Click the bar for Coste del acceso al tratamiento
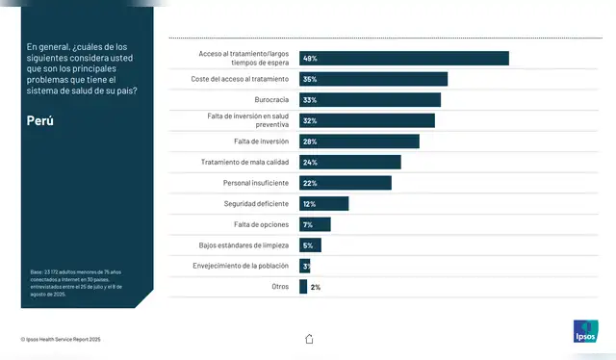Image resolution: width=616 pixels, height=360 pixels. coord(373,79)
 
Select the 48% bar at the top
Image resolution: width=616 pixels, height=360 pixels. coord(404,58)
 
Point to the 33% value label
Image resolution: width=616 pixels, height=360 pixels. coord(309,100)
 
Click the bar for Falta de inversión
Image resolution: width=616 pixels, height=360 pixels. coord(359,141)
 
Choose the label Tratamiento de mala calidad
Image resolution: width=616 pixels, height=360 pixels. coord(246,162)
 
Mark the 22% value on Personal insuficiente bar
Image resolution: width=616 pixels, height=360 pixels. coord(309,183)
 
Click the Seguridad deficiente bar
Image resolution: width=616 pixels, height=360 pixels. coord(324,203)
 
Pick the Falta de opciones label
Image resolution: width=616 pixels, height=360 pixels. coord(263,224)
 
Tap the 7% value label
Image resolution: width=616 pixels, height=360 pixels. coord(308,224)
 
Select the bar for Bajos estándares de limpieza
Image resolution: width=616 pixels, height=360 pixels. coord(310,244)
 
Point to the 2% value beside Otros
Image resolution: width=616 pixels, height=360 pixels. coord(316,287)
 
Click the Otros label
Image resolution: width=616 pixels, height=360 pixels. coord(281,286)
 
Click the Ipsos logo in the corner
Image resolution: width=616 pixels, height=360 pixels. coord(585,331)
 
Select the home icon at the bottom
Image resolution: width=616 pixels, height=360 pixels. coord(309,339)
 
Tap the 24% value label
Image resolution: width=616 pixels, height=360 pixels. coord(309,162)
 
